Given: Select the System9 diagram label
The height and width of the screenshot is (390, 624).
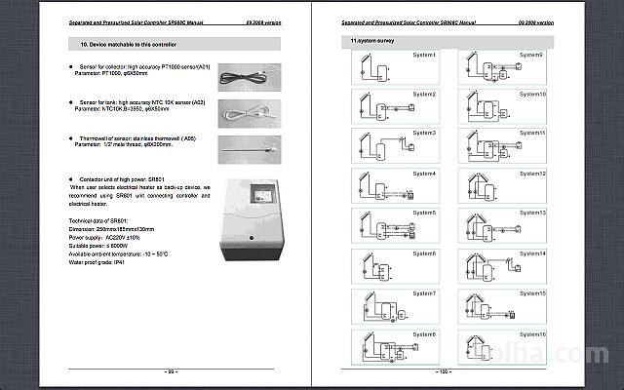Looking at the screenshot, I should click(532, 55).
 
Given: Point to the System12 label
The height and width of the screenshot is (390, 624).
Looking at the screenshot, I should click(532, 173).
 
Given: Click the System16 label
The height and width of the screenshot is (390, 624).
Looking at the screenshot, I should click(532, 332).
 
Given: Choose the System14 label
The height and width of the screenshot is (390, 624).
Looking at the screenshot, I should click(532, 253).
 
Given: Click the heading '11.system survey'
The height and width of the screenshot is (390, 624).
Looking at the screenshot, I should click(372, 42).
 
